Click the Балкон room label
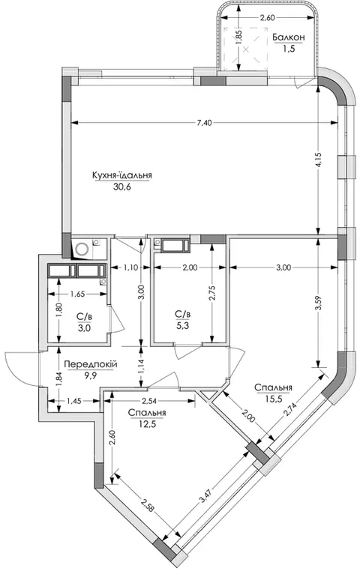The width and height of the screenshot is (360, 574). pos(289,37)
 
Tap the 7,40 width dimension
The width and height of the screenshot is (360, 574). pos(204,123)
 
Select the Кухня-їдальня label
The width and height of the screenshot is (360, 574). pos(122,175)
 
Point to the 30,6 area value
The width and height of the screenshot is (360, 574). pos(122,187)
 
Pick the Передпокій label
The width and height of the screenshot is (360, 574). pos(91,364)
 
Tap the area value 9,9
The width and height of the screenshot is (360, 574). pos(90,375)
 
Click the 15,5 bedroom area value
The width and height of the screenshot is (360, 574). pos(274,399)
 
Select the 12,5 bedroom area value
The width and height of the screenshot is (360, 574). pos(147,424)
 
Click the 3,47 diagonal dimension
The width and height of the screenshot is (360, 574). pos(205,495)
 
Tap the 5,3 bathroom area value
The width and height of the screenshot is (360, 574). pos(182,325)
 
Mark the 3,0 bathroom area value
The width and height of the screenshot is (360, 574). pos(84,327)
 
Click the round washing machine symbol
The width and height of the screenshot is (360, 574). pos(82,250)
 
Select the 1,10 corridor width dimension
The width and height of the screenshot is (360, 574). pos(130,268)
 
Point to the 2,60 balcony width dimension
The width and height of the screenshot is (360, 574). pos(267,17)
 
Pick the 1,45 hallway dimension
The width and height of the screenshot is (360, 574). pos(74,401)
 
